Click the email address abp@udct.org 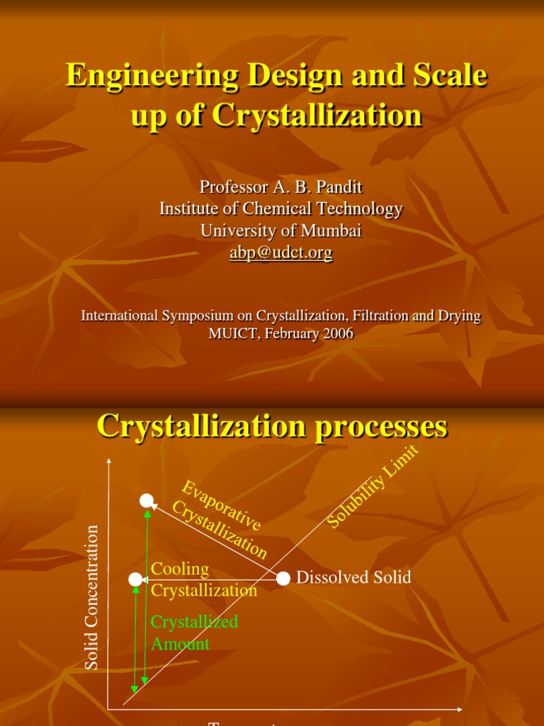click(x=280, y=252)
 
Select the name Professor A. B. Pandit click(x=280, y=186)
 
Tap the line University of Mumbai click(x=280, y=230)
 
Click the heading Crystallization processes click(x=272, y=426)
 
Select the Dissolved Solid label click(x=353, y=577)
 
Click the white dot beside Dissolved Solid click(x=283, y=578)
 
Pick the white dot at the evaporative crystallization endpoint click(x=147, y=501)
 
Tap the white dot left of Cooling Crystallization click(x=135, y=579)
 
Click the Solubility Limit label click(x=373, y=486)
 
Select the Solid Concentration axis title click(x=91, y=597)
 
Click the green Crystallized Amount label click(x=193, y=632)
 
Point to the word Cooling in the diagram click(x=180, y=569)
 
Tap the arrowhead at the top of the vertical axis click(x=108, y=462)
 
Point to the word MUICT click(x=232, y=333)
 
